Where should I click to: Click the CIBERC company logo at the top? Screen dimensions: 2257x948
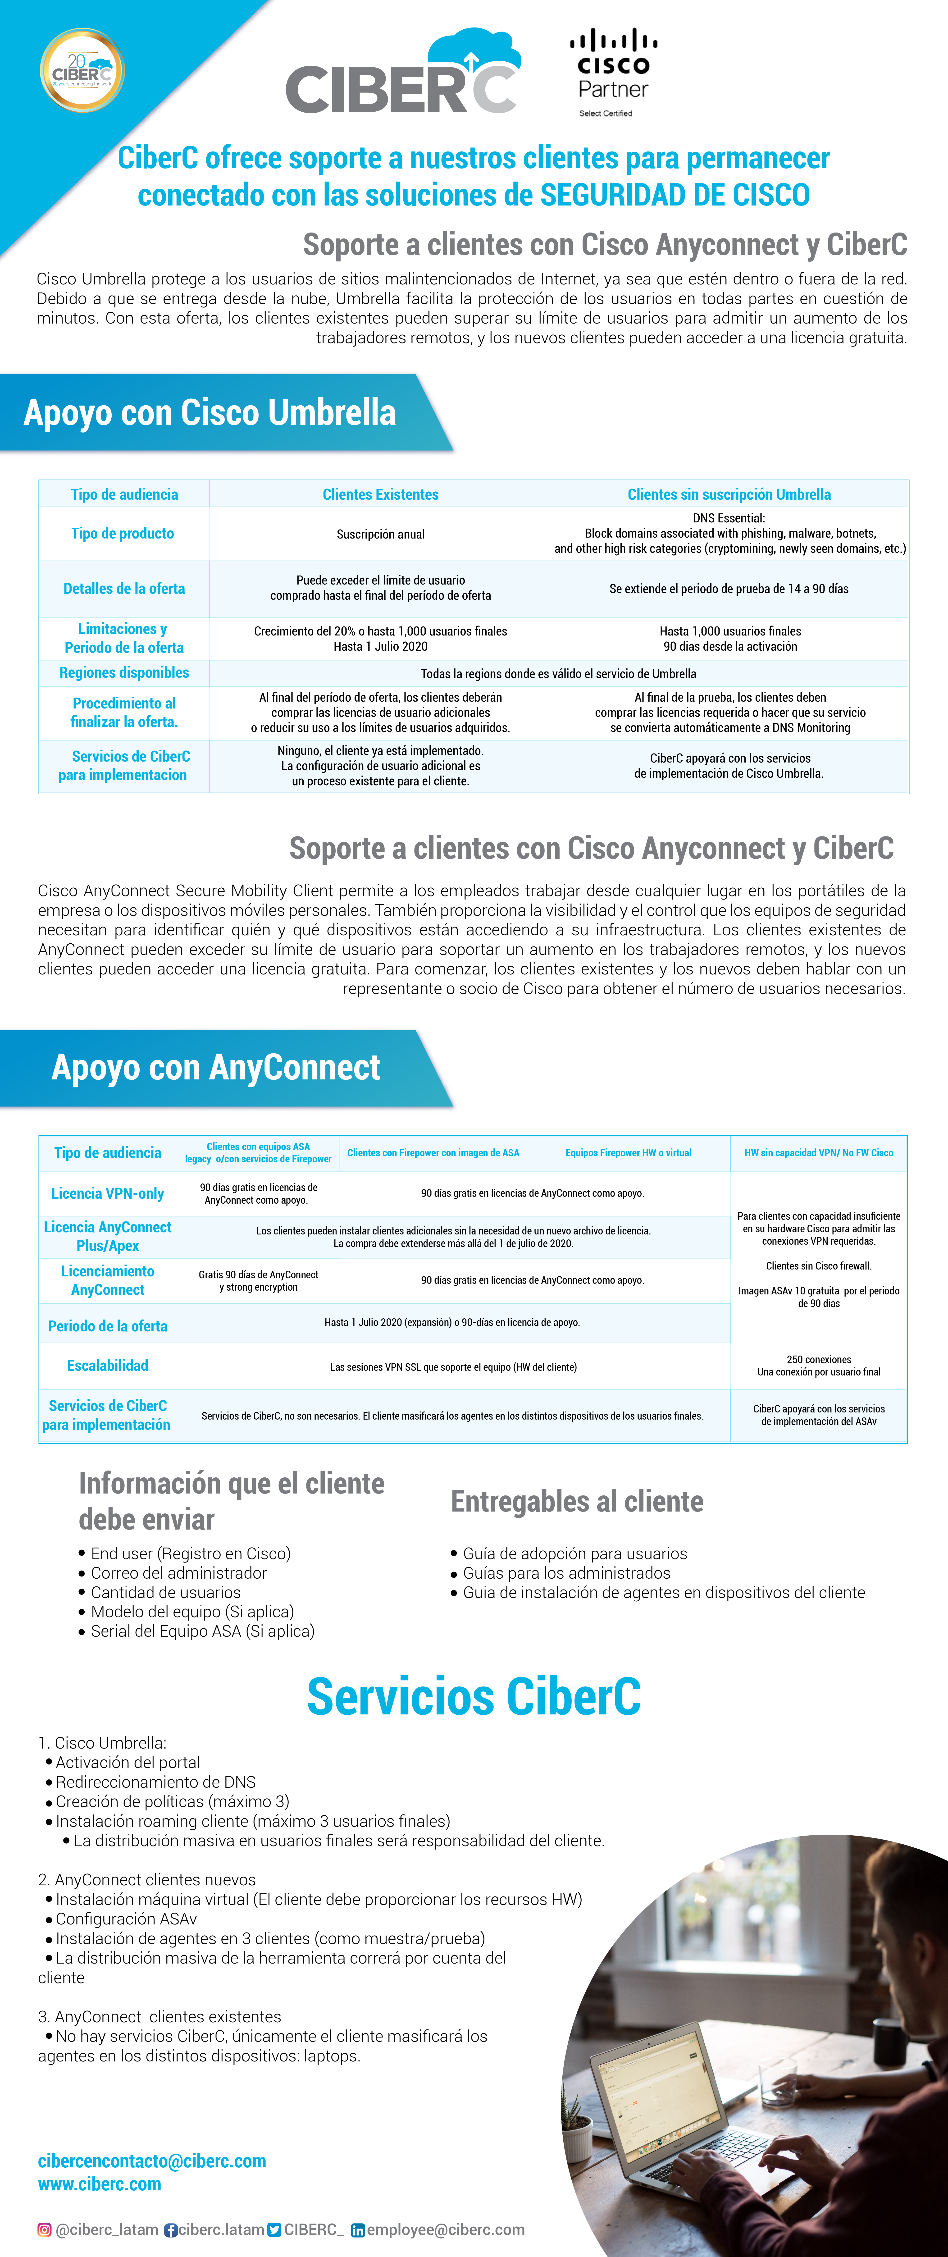point(403,74)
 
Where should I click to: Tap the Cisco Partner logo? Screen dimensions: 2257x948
point(613,74)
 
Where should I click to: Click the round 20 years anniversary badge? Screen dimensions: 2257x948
point(82,70)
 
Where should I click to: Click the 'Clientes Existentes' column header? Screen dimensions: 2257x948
point(380,494)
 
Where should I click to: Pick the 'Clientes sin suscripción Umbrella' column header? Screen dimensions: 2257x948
point(729,494)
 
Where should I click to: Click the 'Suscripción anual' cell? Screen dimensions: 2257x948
point(380,534)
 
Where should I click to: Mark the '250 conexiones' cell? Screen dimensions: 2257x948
point(818,1365)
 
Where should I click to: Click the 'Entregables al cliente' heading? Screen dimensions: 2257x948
point(577,1501)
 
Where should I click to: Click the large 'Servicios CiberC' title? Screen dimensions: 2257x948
point(473,1696)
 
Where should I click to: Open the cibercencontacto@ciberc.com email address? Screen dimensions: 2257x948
point(152,2161)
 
